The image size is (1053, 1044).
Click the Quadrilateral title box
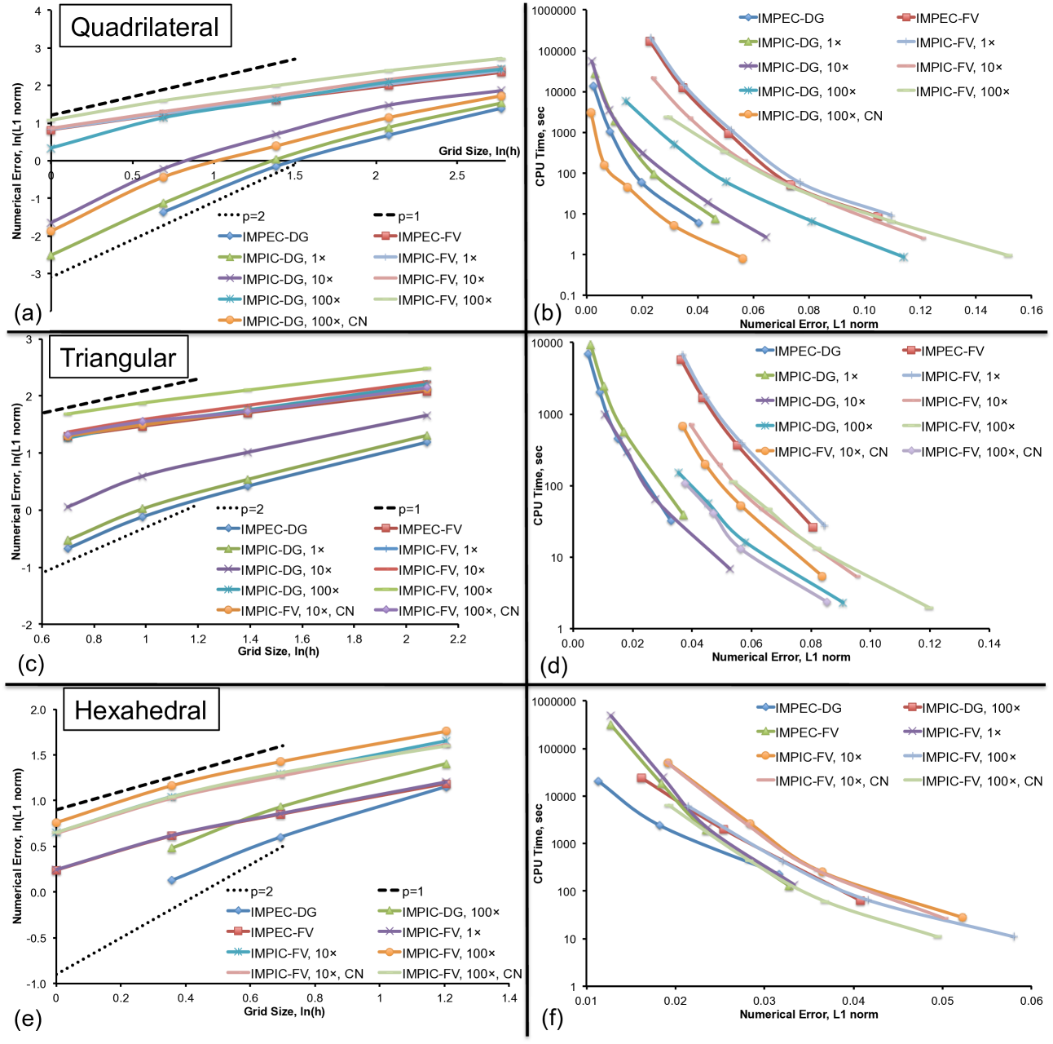pyautogui.click(x=145, y=27)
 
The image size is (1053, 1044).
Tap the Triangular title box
pyautogui.click(x=118, y=358)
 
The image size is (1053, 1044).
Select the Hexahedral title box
pyautogui.click(x=140, y=710)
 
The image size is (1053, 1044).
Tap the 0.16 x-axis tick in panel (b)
pyautogui.click(x=1031, y=310)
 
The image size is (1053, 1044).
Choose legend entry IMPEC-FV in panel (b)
pyautogui.click(x=946, y=18)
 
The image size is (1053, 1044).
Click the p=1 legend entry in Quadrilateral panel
pyautogui.click(x=408, y=216)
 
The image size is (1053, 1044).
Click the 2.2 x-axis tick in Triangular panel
pyautogui.click(x=458, y=639)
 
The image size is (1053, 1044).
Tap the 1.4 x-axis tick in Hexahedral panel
pyautogui.click(x=510, y=998)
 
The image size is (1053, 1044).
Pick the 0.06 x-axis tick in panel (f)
pyautogui.click(x=1031, y=1001)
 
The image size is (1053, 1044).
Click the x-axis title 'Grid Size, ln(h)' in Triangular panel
pyautogui.click(x=279, y=651)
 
